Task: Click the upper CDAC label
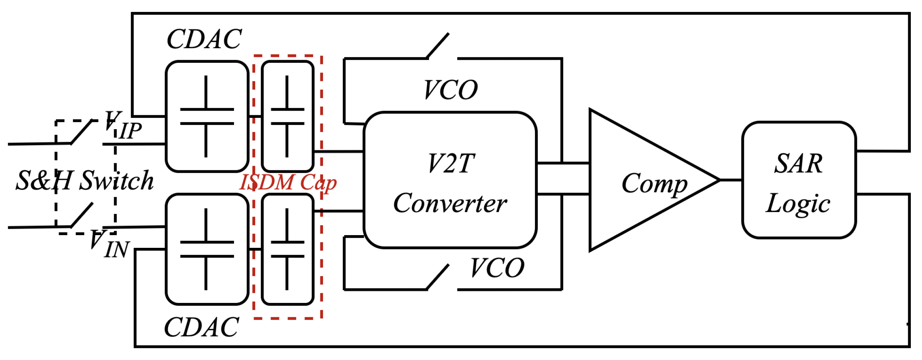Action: (204, 39)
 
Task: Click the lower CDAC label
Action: (201, 328)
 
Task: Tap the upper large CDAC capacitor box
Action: (207, 116)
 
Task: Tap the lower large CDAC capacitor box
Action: (207, 249)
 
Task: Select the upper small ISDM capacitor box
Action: (288, 116)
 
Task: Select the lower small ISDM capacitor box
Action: (288, 249)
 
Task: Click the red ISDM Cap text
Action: (288, 183)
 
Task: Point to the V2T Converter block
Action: (450, 180)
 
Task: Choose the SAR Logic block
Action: (799, 180)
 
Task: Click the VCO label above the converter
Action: (451, 90)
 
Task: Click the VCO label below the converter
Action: (497, 268)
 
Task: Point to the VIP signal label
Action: (123, 126)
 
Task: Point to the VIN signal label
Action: (109, 244)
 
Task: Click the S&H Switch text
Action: (84, 180)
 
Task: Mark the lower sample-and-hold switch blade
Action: (82, 215)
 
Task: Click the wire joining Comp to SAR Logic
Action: (731, 180)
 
